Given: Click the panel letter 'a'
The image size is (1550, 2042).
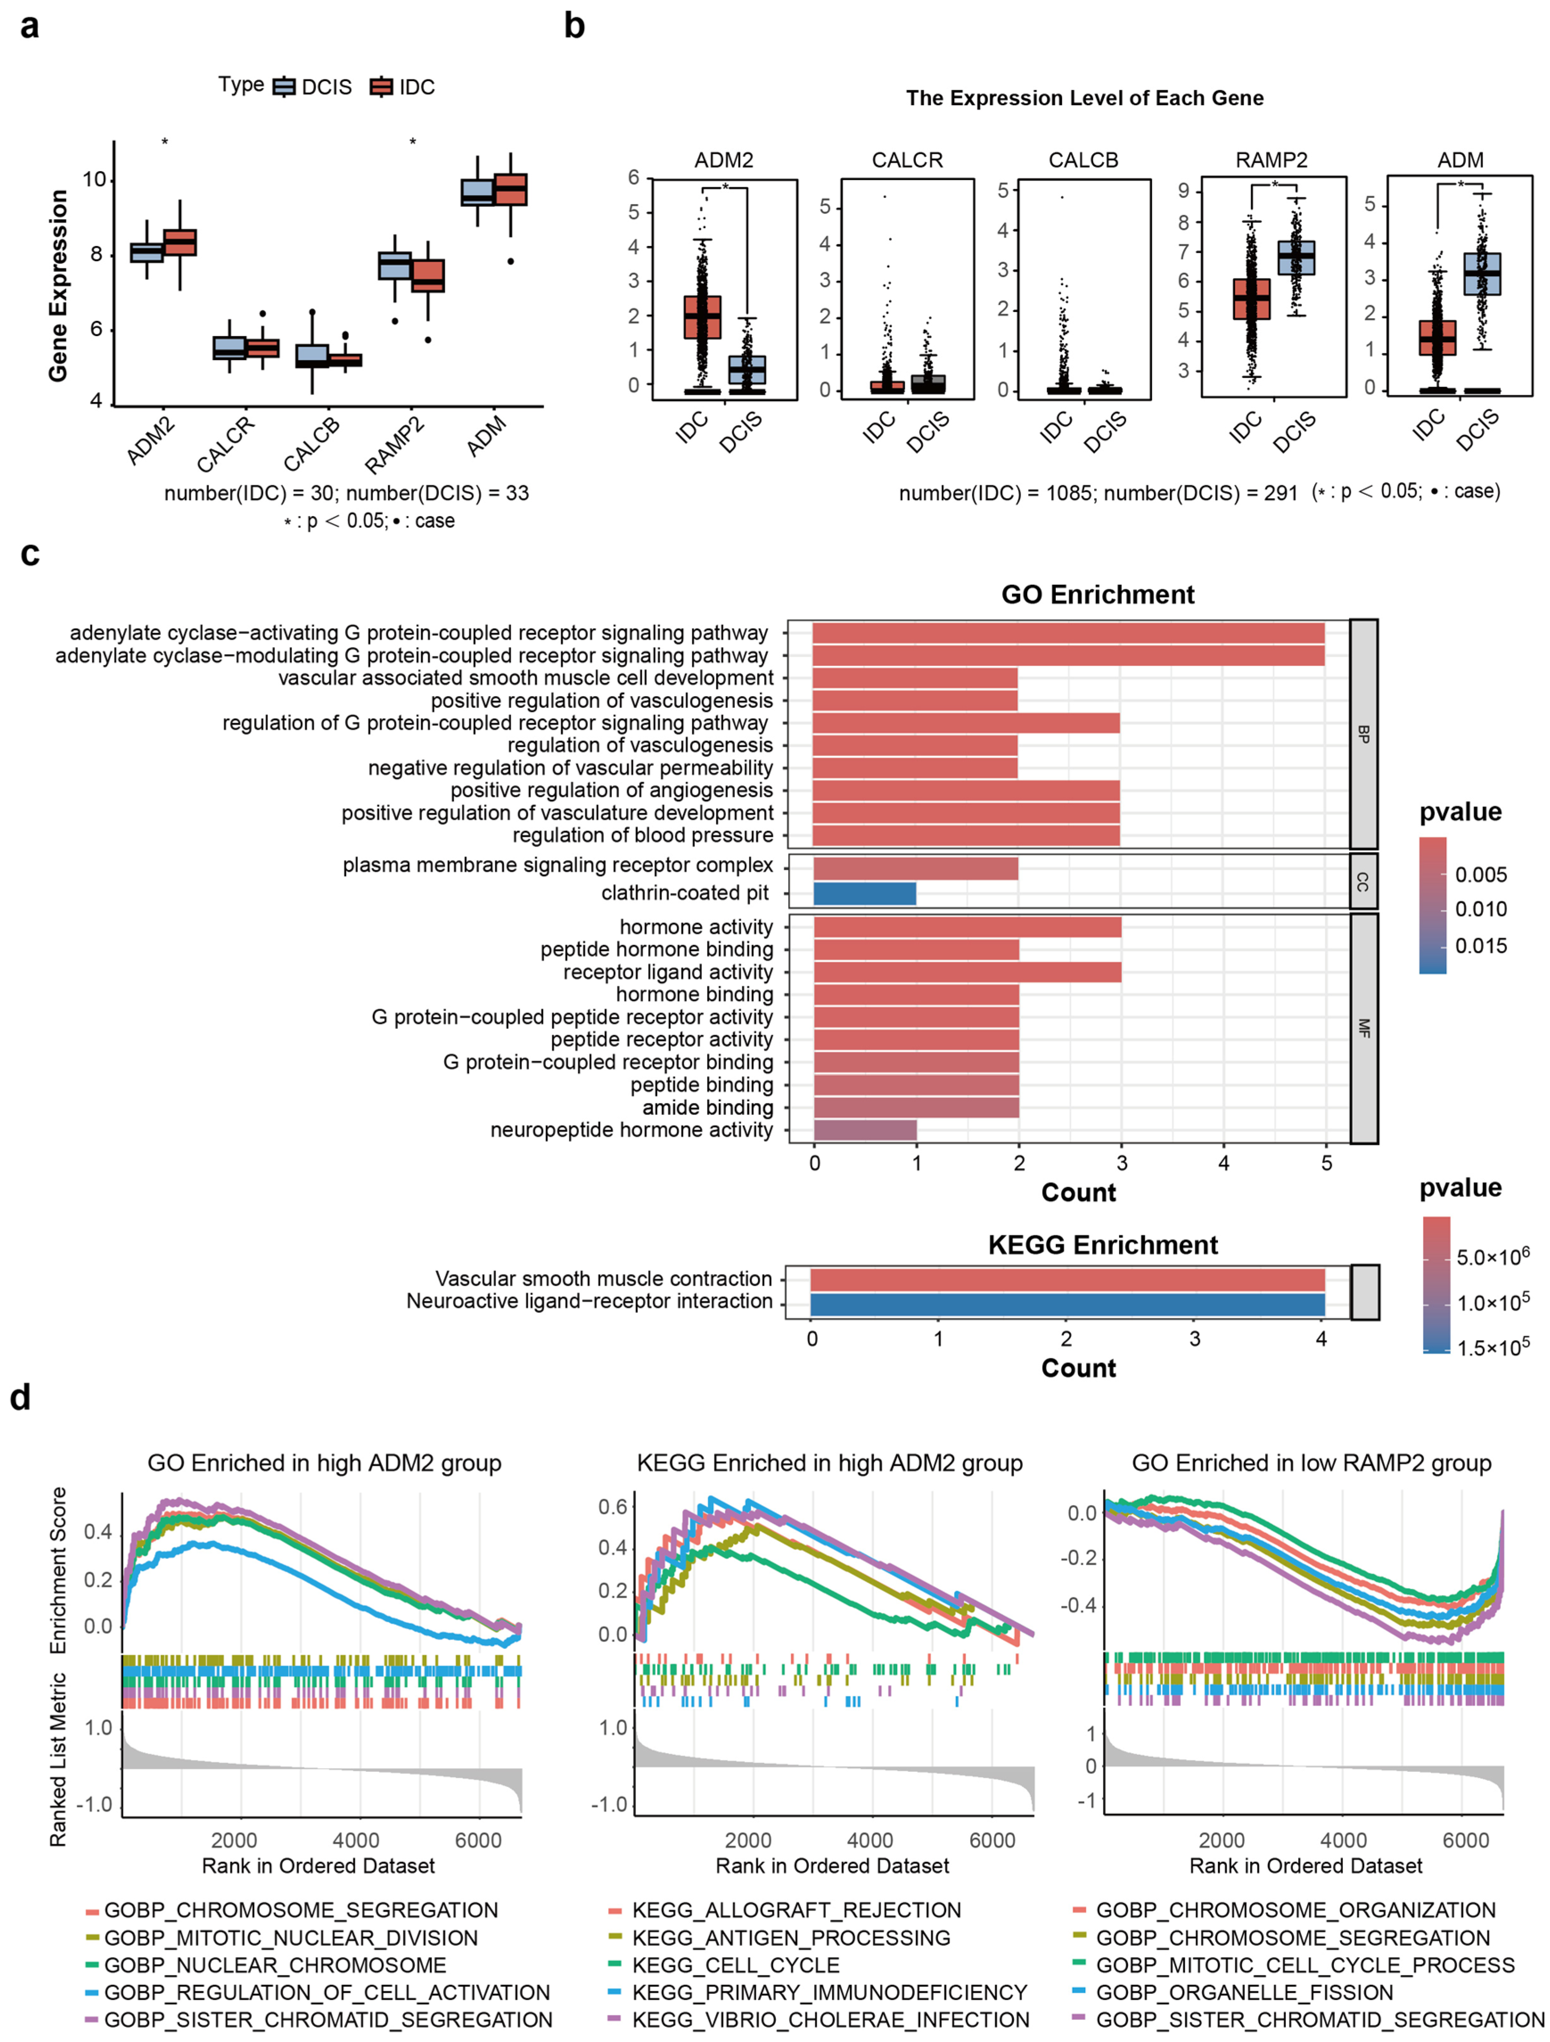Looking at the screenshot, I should pyautogui.click(x=29, y=26).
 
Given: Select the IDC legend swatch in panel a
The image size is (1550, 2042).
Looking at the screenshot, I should pyautogui.click(x=381, y=87).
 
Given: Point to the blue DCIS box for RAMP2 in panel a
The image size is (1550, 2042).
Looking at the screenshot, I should pyautogui.click(x=395, y=265).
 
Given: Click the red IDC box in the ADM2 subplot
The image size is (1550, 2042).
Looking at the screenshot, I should pyautogui.click(x=701, y=318).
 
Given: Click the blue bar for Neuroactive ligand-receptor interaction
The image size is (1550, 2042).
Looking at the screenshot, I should pyautogui.click(x=1067, y=1304).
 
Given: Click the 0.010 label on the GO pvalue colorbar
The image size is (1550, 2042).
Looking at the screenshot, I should pyautogui.click(x=1481, y=909).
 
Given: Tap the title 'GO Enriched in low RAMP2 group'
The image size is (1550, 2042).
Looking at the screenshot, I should pyautogui.click(x=1311, y=1463).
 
